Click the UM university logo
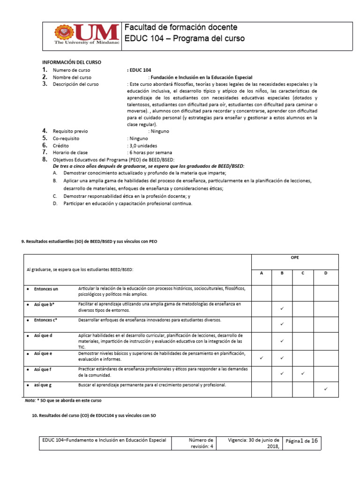87,36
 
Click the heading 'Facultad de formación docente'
181,27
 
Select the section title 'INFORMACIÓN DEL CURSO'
72,62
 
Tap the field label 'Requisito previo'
70,131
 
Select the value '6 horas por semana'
150,153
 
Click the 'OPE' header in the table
295,258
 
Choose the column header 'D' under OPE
326,273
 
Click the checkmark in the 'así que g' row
326,389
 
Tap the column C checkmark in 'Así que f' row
303,374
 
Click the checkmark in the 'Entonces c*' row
282,324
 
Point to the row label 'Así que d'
43,336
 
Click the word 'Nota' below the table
30,401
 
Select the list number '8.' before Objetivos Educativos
45,160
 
